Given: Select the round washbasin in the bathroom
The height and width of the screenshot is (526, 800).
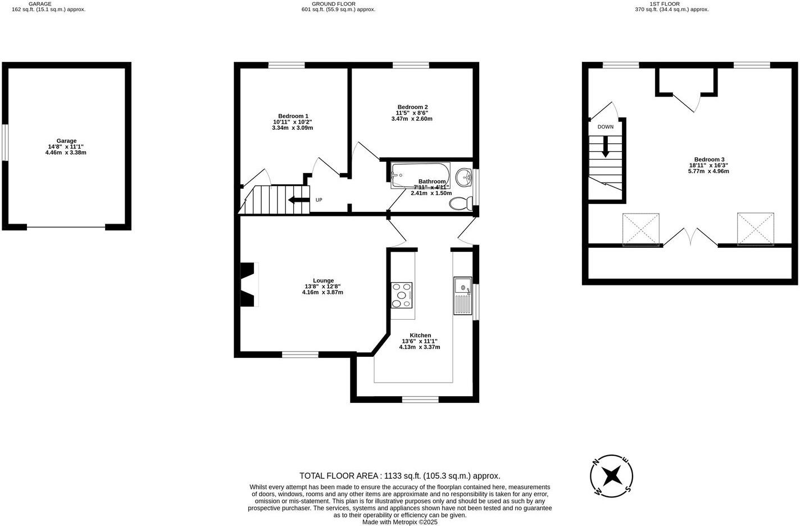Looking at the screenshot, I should pyautogui.click(x=464, y=177).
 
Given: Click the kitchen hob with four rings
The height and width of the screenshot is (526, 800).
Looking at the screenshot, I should pyautogui.click(x=402, y=295).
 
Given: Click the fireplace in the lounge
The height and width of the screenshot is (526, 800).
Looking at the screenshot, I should pyautogui.click(x=248, y=285).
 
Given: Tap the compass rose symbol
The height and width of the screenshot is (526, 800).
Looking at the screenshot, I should pyautogui.click(x=612, y=476).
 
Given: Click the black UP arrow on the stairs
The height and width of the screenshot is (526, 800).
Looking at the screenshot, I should pyautogui.click(x=298, y=199).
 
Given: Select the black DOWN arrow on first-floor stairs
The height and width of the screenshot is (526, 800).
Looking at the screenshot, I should pyautogui.click(x=606, y=147).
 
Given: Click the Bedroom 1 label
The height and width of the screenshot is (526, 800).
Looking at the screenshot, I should pyautogui.click(x=293, y=116).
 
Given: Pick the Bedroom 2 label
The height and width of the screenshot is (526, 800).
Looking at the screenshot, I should pyautogui.click(x=412, y=107).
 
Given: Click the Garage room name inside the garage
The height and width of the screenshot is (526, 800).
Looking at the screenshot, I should pyautogui.click(x=66, y=141).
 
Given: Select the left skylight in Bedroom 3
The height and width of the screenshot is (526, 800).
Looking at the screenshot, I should pyautogui.click(x=641, y=229).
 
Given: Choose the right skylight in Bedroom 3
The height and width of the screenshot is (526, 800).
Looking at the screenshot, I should pyautogui.click(x=755, y=229).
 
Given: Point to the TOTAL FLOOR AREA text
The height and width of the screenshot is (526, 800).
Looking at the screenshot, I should pyautogui.click(x=399, y=475).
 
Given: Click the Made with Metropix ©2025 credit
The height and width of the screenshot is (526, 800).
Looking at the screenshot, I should pyautogui.click(x=399, y=522).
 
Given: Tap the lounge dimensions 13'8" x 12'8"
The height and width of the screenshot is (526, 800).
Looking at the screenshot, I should pyautogui.click(x=323, y=287).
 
